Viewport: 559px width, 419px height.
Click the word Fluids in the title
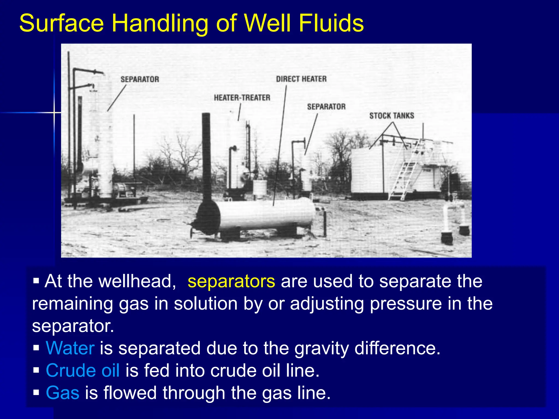(331, 23)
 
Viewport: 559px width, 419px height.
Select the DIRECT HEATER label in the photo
(301, 79)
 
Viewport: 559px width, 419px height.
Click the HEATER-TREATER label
(242, 98)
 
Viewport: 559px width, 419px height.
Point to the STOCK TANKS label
(392, 116)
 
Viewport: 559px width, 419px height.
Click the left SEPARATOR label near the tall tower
(140, 79)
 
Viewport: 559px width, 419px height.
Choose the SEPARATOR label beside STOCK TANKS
(326, 107)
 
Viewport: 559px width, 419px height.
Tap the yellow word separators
(231, 281)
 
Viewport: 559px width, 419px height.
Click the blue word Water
(70, 348)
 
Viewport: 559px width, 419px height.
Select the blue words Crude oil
(82, 370)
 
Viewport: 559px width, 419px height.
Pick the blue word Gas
(63, 393)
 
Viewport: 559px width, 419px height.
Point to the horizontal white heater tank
(266, 214)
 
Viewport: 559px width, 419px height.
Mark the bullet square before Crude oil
(36, 370)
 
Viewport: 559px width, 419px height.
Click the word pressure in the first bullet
(406, 304)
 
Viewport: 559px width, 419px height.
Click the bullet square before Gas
(36, 393)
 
